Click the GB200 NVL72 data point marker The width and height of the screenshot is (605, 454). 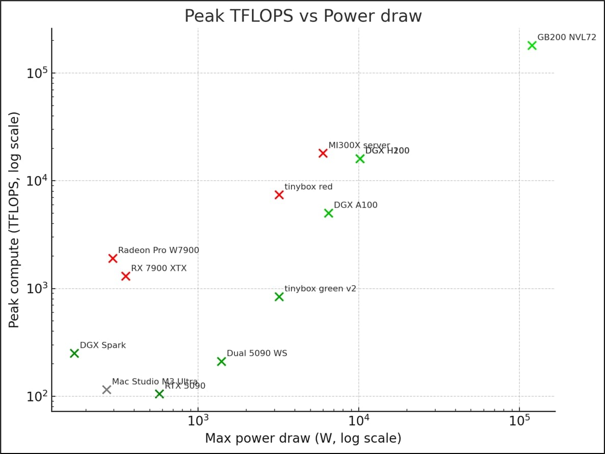[532, 45]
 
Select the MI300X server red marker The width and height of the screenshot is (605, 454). [323, 153]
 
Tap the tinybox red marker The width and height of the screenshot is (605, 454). [279, 194]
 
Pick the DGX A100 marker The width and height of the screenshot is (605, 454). [329, 213]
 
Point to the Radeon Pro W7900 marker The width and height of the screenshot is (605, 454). [113, 258]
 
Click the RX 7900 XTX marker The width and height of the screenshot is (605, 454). [126, 276]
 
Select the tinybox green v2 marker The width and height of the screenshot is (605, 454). [279, 296]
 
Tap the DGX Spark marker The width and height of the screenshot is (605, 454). [74, 353]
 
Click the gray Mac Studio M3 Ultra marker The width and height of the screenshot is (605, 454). [107, 390]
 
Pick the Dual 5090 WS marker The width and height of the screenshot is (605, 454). [221, 361]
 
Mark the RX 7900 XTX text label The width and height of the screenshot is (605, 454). [159, 268]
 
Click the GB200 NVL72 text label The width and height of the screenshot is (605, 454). [567, 37]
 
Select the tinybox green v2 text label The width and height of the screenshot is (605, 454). [320, 289]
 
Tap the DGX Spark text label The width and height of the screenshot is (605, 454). [103, 345]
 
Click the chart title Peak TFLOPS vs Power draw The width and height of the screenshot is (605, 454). [303, 16]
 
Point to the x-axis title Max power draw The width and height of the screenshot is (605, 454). [303, 438]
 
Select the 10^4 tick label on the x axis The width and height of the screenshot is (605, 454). [359, 421]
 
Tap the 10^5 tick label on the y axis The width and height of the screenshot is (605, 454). [37, 73]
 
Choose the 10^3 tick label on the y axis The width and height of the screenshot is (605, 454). [37, 289]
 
